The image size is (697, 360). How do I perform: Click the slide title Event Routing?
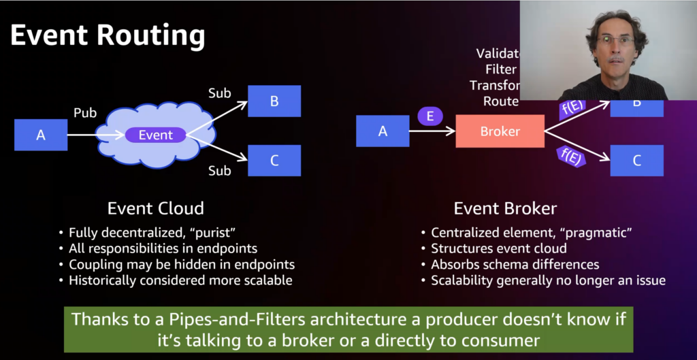pyautogui.click(x=108, y=36)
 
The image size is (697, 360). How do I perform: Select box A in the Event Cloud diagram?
pyautogui.click(x=41, y=135)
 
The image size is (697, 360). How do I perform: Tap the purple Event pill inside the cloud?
pyautogui.click(x=156, y=135)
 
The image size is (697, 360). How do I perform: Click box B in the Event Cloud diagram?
pyautogui.click(x=274, y=101)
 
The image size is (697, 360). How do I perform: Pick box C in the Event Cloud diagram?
pyautogui.click(x=274, y=161)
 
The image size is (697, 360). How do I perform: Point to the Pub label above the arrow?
pyautogui.click(x=85, y=112)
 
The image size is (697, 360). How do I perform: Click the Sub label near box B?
pyautogui.click(x=220, y=93)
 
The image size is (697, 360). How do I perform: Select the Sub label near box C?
pyautogui.click(x=220, y=171)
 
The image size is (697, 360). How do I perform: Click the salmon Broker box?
pyautogui.click(x=500, y=131)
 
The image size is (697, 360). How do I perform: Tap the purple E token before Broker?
pyautogui.click(x=430, y=116)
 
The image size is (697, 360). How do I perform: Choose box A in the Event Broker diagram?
pyautogui.click(x=383, y=131)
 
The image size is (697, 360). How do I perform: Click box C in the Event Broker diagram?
pyautogui.click(x=636, y=161)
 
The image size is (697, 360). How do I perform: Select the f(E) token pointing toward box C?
pyautogui.click(x=570, y=156)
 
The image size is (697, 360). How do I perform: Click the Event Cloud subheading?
pyautogui.click(x=156, y=208)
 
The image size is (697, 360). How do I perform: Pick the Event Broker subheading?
pyautogui.click(x=504, y=208)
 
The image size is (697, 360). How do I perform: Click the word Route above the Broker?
pyautogui.click(x=501, y=101)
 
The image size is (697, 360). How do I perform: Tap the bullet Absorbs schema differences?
pyautogui.click(x=515, y=264)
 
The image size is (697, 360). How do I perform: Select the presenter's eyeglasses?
pyautogui.click(x=615, y=42)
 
